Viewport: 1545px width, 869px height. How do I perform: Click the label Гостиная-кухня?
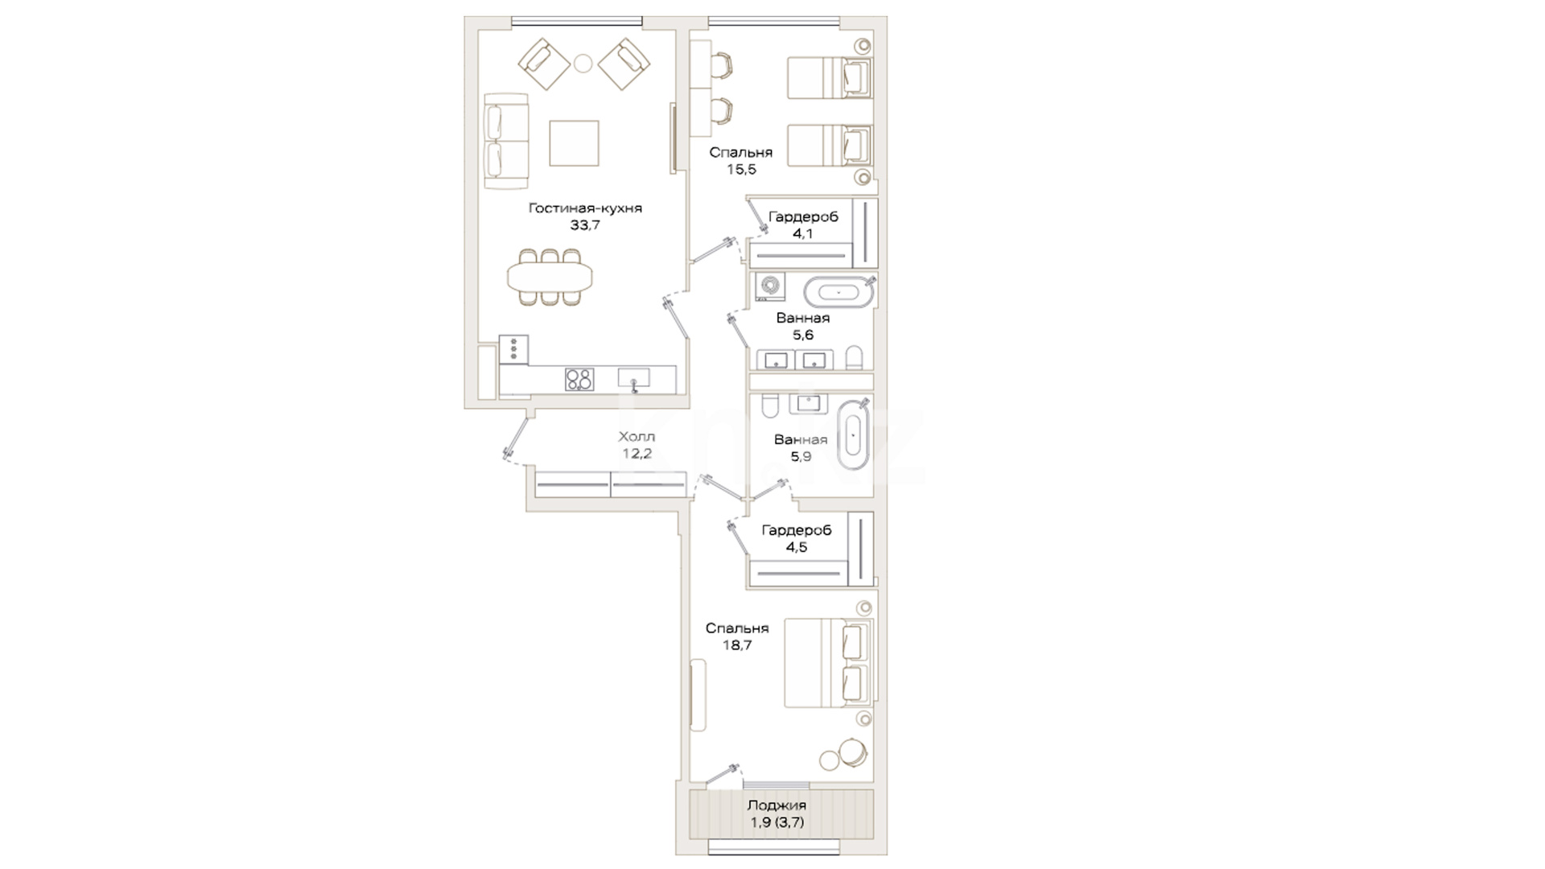[x=585, y=208]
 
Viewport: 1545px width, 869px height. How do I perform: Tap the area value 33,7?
[x=585, y=226]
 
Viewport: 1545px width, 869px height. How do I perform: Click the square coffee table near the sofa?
[x=574, y=143]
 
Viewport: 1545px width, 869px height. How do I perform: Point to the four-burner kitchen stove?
[x=579, y=379]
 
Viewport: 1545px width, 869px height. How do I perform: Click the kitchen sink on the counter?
[x=633, y=378]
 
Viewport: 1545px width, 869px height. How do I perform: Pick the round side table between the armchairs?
[x=583, y=63]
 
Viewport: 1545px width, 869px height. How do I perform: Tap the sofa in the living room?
[x=506, y=142]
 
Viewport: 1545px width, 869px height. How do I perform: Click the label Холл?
[x=637, y=437]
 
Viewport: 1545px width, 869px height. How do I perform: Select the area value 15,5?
[x=741, y=170]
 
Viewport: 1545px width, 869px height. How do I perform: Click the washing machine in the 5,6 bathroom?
[x=770, y=287]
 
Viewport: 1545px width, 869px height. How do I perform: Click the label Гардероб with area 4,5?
[x=796, y=530]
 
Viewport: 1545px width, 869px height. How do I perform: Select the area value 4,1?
[x=803, y=234]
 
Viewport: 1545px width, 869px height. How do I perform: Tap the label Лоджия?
[x=777, y=805]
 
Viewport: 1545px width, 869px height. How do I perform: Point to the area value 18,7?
[x=737, y=645]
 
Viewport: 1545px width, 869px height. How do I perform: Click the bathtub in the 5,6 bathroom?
[x=838, y=292]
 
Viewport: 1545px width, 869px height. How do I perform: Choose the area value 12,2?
[x=637, y=454]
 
